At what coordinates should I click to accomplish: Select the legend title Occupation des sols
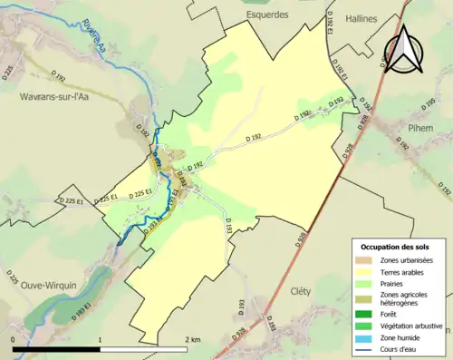pos(397,247)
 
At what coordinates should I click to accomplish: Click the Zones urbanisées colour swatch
pos(368,261)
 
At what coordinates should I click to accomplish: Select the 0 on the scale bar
pos(13,339)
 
